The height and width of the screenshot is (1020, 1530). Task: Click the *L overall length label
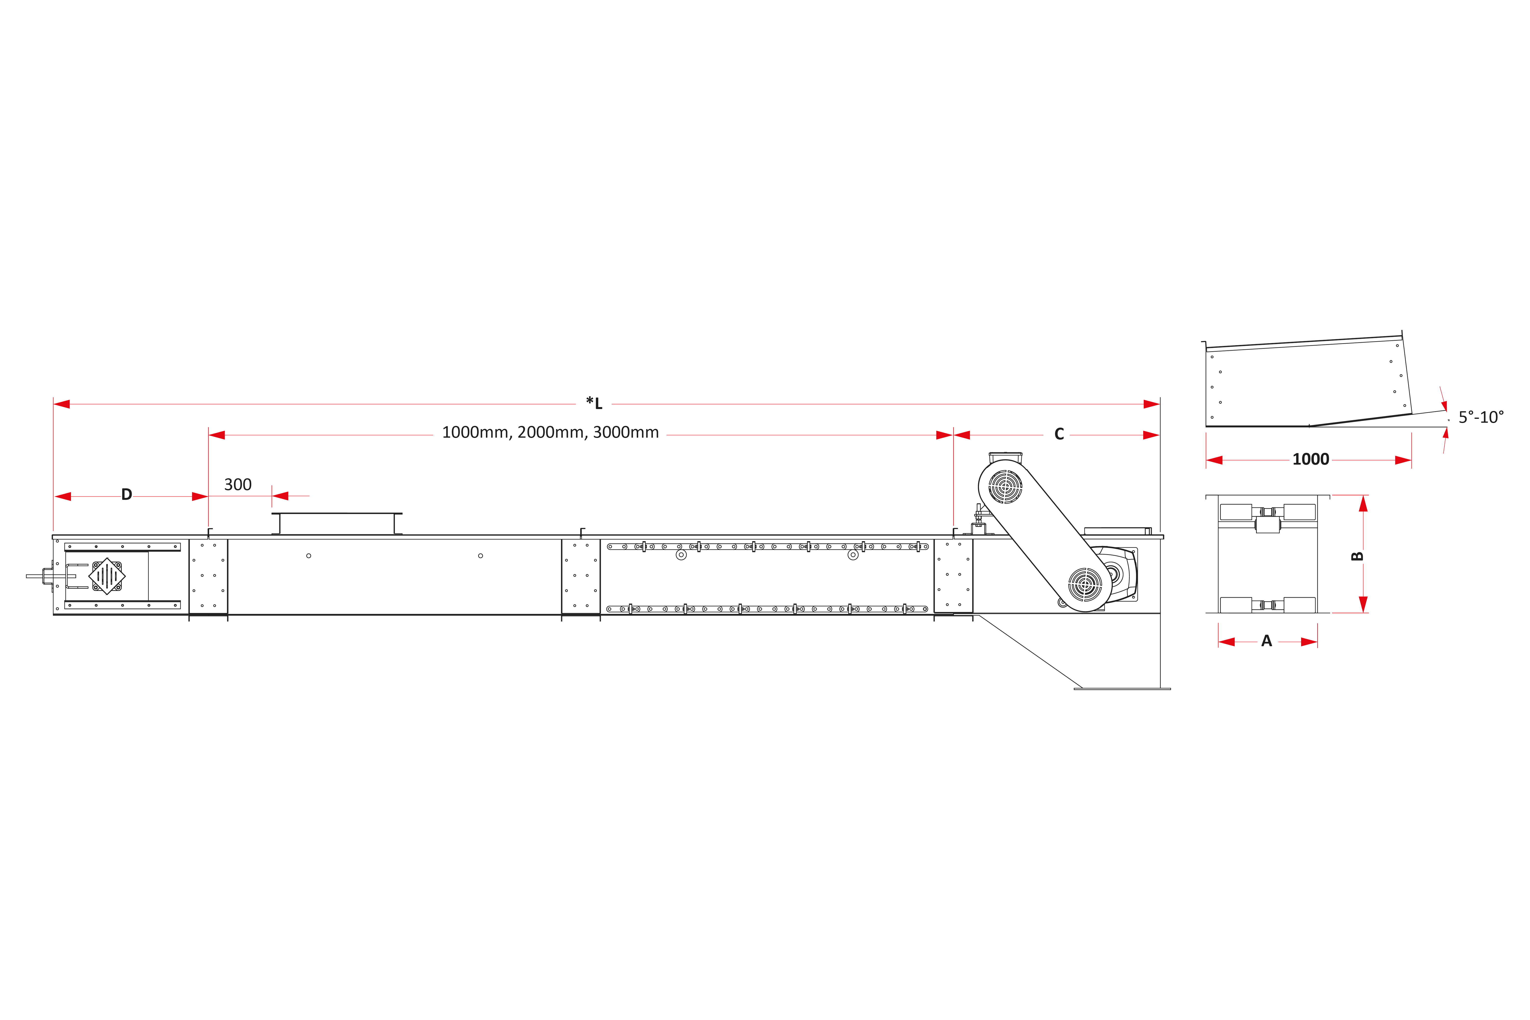[594, 403]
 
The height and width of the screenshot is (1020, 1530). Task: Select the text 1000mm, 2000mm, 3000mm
[550, 433]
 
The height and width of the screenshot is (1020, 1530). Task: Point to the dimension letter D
[127, 495]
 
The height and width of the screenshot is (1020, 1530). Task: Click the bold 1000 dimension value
[1311, 459]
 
